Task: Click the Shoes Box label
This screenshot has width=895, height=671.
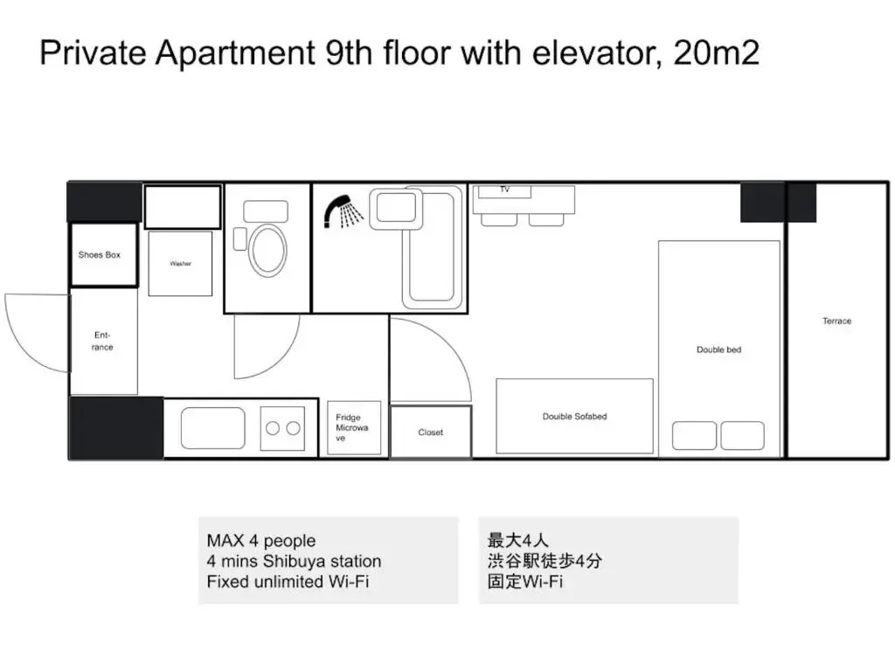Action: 100,255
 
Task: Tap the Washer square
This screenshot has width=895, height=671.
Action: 180,264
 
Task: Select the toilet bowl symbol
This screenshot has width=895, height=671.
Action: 268,251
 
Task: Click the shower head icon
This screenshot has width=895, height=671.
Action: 343,211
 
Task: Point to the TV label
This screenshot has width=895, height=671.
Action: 504,190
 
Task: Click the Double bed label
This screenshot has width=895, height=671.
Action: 718,349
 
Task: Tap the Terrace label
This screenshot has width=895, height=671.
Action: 836,322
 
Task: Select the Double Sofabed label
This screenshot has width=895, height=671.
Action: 575,417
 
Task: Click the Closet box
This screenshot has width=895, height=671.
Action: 431,432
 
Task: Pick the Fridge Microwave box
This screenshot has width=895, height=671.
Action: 354,428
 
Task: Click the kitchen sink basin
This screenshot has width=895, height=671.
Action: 213,428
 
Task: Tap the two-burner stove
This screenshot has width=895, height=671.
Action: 282,428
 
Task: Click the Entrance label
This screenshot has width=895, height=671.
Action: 102,342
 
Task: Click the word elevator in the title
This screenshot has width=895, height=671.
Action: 598,53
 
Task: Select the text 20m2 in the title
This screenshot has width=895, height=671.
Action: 717,53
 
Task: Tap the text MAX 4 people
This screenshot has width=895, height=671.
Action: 260,541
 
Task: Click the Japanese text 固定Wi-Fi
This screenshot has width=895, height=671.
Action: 525,581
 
